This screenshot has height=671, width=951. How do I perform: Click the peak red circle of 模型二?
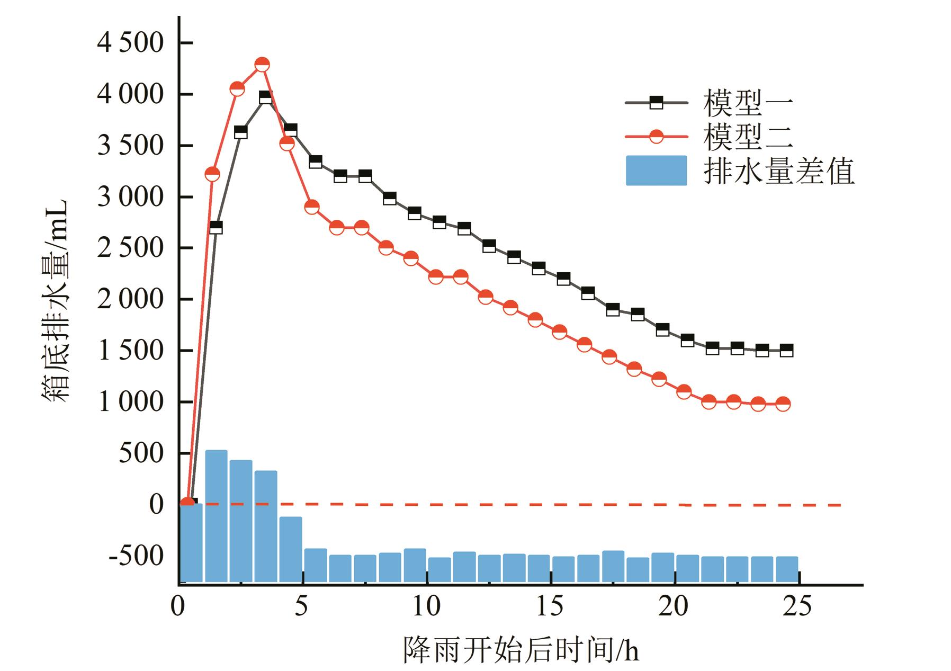pyautogui.click(x=262, y=65)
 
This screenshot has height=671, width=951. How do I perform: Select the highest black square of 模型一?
pyautogui.click(x=265, y=97)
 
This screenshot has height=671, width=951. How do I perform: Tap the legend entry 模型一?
pyautogui.click(x=748, y=103)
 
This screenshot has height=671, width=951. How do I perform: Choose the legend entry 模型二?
pyautogui.click(x=748, y=137)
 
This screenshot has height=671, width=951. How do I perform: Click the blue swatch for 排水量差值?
pyautogui.click(x=656, y=171)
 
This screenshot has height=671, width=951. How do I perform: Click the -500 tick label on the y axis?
pyautogui.click(x=137, y=556)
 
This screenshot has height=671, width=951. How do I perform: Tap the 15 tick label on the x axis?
pyautogui.click(x=550, y=606)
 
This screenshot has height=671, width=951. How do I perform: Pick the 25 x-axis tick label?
pyautogui.click(x=797, y=606)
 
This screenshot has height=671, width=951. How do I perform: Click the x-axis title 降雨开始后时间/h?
pyautogui.click(x=521, y=650)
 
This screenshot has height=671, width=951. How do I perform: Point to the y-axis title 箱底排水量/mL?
pyautogui.click(x=55, y=300)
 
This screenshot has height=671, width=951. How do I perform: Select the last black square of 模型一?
pyautogui.click(x=786, y=350)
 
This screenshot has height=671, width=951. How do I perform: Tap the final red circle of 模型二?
pyautogui.click(x=783, y=404)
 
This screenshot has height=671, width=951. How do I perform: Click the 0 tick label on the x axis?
pyautogui.click(x=178, y=606)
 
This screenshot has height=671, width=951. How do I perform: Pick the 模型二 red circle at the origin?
pyautogui.click(x=186, y=503)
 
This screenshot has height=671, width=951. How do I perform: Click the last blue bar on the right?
pyautogui.click(x=787, y=569)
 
